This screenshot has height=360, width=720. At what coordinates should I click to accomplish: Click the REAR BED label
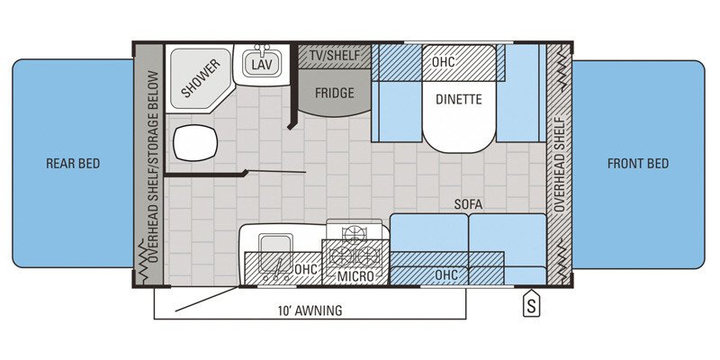[73, 164]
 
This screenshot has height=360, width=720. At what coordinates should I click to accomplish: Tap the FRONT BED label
[638, 164]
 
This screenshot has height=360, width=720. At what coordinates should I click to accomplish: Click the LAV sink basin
[261, 65]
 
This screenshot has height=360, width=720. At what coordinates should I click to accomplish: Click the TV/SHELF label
[333, 56]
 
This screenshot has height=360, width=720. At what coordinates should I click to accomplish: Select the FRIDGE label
[333, 94]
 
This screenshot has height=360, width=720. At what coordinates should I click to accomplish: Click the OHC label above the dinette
[443, 64]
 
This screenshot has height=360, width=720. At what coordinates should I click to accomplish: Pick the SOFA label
[468, 205]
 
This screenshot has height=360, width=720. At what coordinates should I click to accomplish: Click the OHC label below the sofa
[445, 274]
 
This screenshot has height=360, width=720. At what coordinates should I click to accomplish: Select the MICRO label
[355, 276]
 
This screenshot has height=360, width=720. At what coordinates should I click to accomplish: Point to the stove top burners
[355, 247]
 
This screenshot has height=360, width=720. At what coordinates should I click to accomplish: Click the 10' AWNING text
[310, 311]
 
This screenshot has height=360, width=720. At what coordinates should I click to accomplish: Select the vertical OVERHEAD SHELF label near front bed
[559, 164]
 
